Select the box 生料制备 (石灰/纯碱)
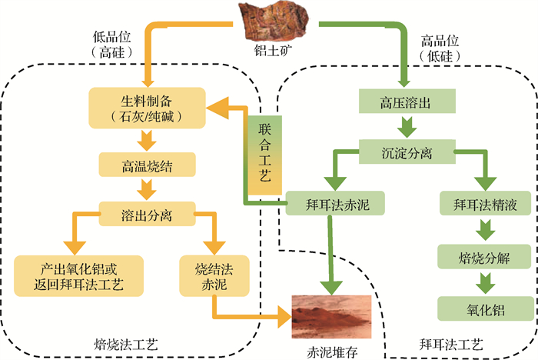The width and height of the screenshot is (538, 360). [147, 107]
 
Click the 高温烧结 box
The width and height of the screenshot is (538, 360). [147, 165]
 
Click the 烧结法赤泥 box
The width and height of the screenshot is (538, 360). [214, 277]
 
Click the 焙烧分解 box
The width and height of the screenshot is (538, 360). [484, 257]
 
